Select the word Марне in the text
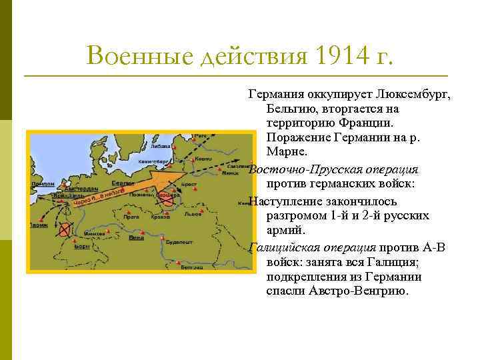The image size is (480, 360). click(x=283, y=153)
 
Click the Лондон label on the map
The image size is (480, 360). click(x=43, y=183)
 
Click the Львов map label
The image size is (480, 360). click(x=193, y=215)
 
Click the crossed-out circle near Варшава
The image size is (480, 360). click(x=165, y=197)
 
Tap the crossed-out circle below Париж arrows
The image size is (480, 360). click(x=64, y=231)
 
